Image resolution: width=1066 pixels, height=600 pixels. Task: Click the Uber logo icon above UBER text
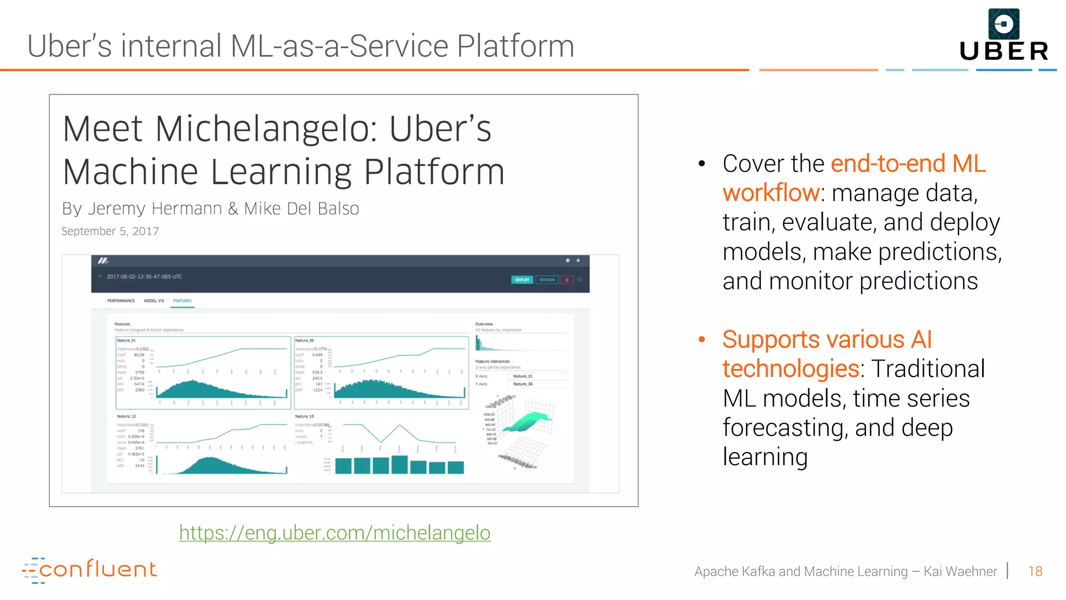coord(1004,24)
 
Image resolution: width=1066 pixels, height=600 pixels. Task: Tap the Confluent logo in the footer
coord(90,570)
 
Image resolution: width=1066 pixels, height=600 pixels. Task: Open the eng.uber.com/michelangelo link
coord(335,533)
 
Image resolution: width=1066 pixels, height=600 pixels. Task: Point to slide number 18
coord(1035,571)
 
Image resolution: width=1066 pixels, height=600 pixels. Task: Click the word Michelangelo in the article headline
coord(266,129)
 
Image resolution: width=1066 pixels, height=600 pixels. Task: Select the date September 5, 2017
coord(110,231)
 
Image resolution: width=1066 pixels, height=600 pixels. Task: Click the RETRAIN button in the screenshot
coord(547,280)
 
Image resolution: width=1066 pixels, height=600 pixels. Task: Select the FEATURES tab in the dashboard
coord(182,301)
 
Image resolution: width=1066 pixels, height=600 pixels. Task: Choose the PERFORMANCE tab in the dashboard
coord(121,301)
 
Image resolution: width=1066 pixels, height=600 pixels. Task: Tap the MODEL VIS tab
coord(154,301)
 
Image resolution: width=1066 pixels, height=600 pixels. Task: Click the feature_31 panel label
coord(126,341)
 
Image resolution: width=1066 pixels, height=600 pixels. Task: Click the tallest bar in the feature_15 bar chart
coord(399,464)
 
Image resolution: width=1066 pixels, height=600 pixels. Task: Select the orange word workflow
coord(771,193)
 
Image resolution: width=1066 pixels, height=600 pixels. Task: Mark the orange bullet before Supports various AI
coord(702,340)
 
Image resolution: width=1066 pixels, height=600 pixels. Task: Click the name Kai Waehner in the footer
coord(960,571)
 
